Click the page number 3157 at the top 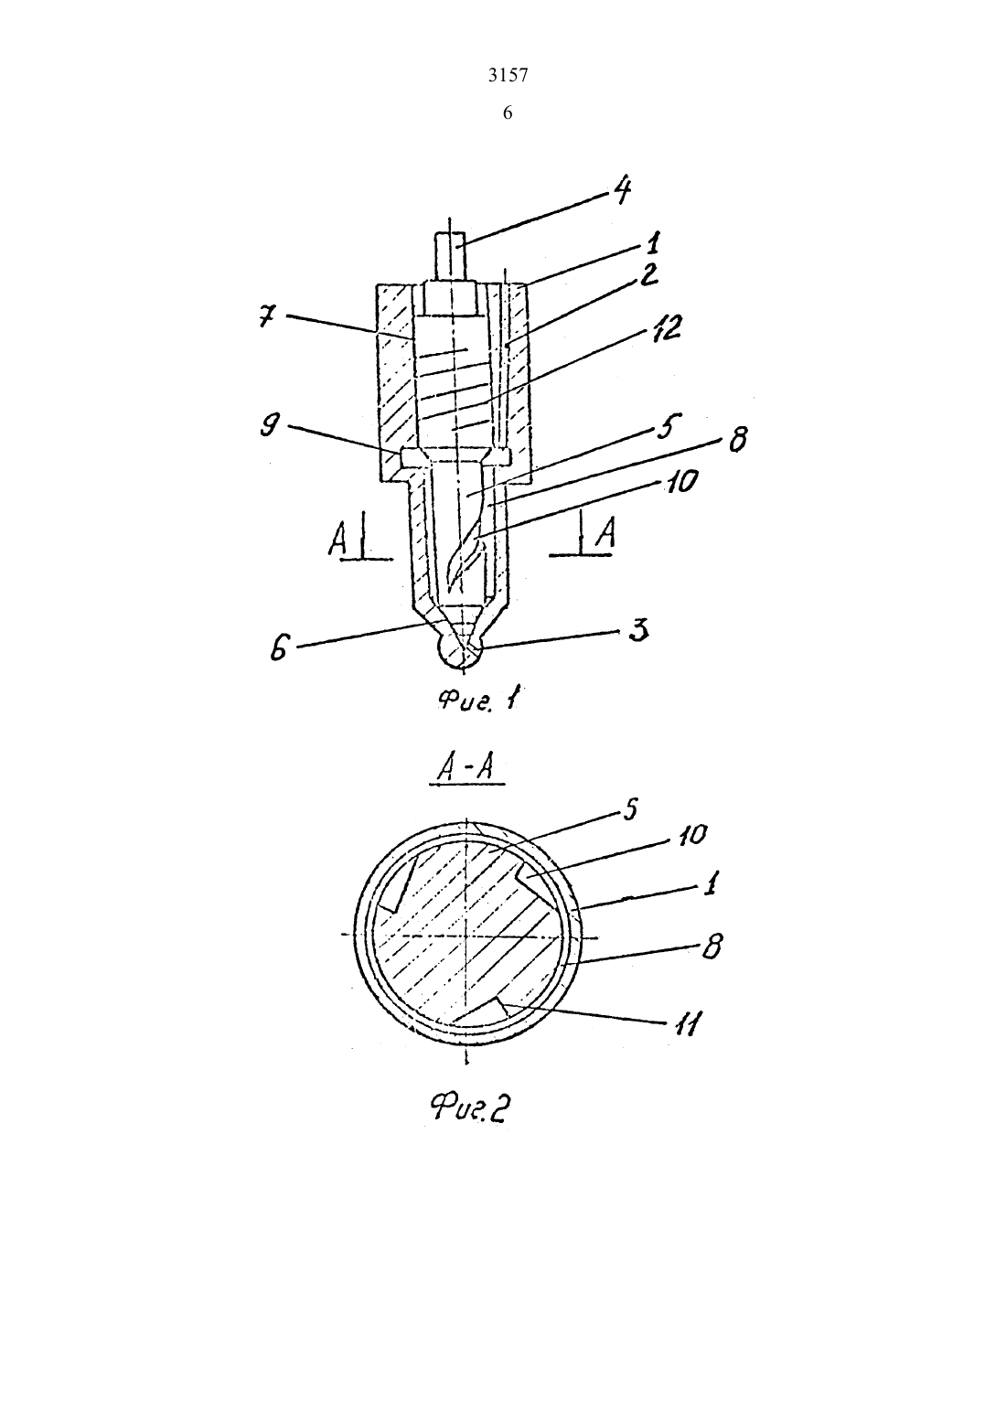[x=508, y=76]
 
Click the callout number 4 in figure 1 [x=622, y=189]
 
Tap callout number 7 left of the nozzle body [x=268, y=317]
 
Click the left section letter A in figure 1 [x=337, y=542]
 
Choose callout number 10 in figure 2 [x=691, y=835]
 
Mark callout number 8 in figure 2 [x=712, y=948]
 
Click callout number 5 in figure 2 [x=628, y=811]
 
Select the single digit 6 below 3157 [x=508, y=113]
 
